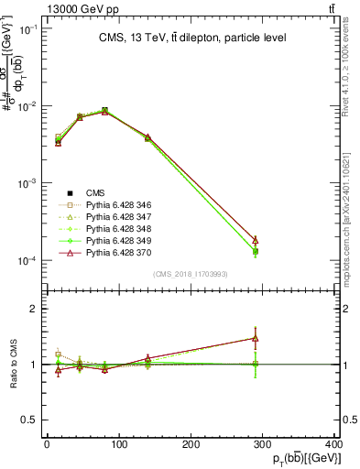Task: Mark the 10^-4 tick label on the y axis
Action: click(x=26, y=261)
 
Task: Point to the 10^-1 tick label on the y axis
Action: click(x=26, y=29)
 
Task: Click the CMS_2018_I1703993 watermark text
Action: click(x=190, y=275)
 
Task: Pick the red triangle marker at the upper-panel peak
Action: click(x=104, y=111)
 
